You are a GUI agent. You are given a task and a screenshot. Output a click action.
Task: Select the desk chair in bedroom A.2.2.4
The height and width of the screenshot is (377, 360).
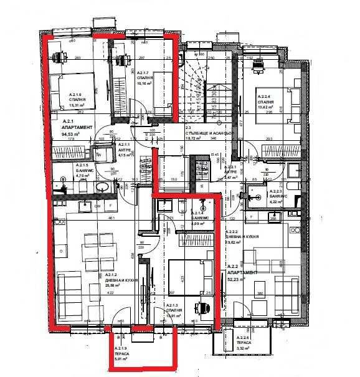click(x=258, y=63)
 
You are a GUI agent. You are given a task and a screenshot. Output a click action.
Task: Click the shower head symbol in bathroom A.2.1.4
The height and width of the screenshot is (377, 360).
click(x=202, y=204)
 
